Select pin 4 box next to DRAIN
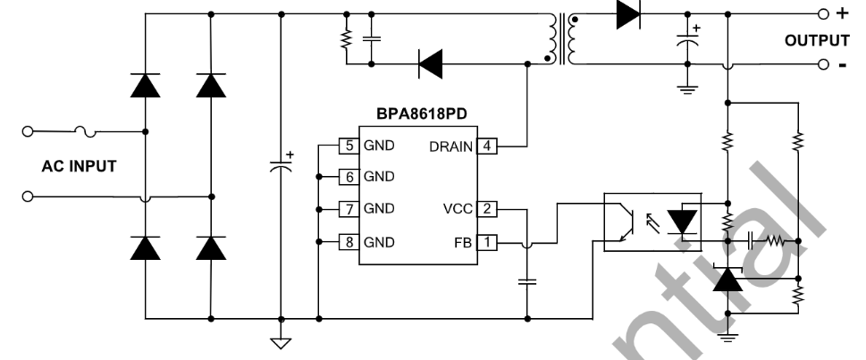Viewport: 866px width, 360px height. tap(486, 146)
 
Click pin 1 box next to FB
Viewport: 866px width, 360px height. tap(486, 242)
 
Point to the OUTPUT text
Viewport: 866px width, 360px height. tap(816, 41)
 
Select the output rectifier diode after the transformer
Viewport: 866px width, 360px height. tap(629, 15)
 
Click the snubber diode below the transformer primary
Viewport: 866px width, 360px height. tap(432, 63)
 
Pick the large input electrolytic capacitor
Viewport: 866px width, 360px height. tap(282, 166)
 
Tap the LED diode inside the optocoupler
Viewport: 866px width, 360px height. tap(685, 220)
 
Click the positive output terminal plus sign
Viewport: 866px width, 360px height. tap(841, 14)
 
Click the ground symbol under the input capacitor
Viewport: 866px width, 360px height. tap(282, 340)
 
